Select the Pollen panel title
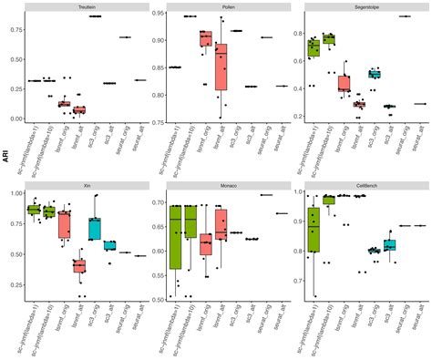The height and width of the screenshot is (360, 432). tap(229, 6)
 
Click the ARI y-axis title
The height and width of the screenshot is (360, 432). tap(7, 156)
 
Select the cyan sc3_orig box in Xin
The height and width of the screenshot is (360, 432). tap(95, 229)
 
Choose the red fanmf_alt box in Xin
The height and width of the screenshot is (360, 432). tap(79, 265)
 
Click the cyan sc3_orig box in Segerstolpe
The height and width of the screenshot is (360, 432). tap(375, 74)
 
